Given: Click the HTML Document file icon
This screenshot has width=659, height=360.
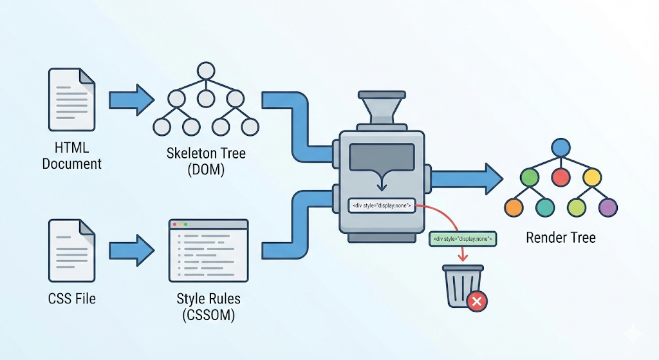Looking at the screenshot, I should point(71,100).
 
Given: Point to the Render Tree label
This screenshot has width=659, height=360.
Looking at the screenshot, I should point(561,238).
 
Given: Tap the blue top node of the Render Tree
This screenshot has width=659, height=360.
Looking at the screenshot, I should point(561,147).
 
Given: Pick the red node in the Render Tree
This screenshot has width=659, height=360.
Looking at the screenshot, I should point(561,177).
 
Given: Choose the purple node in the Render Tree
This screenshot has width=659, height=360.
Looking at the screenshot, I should point(608,207).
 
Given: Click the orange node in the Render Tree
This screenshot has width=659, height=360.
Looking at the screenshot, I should point(514,207).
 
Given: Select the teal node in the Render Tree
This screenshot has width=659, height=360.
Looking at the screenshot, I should point(545,207).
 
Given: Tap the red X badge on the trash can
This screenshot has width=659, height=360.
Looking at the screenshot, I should point(477,301).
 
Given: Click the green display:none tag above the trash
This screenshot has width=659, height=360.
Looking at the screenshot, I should point(463,239).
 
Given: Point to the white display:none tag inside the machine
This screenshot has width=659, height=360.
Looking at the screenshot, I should point(382,206).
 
